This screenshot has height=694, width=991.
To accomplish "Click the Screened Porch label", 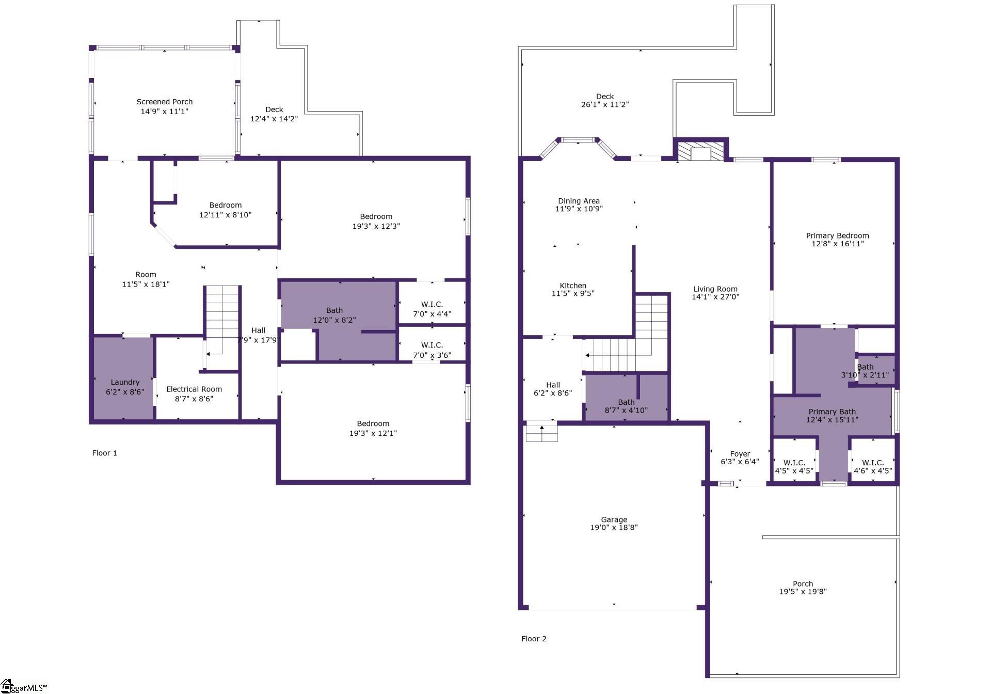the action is pyautogui.click(x=165, y=102).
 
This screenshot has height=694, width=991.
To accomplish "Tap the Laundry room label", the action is pyautogui.click(x=125, y=382).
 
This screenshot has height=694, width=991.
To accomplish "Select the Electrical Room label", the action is pyautogui.click(x=194, y=389).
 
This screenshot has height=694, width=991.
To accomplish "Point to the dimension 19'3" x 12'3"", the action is pyautogui.click(x=376, y=226).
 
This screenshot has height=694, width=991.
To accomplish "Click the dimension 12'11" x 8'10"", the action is pyautogui.click(x=226, y=215).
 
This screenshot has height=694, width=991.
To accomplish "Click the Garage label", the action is pyautogui.click(x=614, y=519).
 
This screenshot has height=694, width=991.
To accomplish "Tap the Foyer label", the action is pyautogui.click(x=740, y=454).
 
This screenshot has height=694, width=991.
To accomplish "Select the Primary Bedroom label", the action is pyautogui.click(x=838, y=235).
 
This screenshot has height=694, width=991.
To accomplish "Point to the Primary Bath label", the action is pyautogui.click(x=832, y=412).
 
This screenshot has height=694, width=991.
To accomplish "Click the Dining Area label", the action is pyautogui.click(x=579, y=201).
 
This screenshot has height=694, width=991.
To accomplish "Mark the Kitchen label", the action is pyautogui.click(x=573, y=286).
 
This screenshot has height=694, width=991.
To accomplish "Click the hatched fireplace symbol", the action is pyautogui.click(x=700, y=152).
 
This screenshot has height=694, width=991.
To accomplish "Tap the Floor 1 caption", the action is pyautogui.click(x=105, y=453).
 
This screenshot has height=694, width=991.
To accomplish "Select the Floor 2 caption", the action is pyautogui.click(x=534, y=639).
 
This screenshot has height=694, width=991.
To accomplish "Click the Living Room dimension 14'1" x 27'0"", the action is pyautogui.click(x=715, y=297).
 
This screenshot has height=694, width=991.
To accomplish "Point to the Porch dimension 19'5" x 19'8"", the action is pyautogui.click(x=803, y=592).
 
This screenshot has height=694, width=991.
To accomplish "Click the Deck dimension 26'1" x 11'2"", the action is pyautogui.click(x=605, y=104).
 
